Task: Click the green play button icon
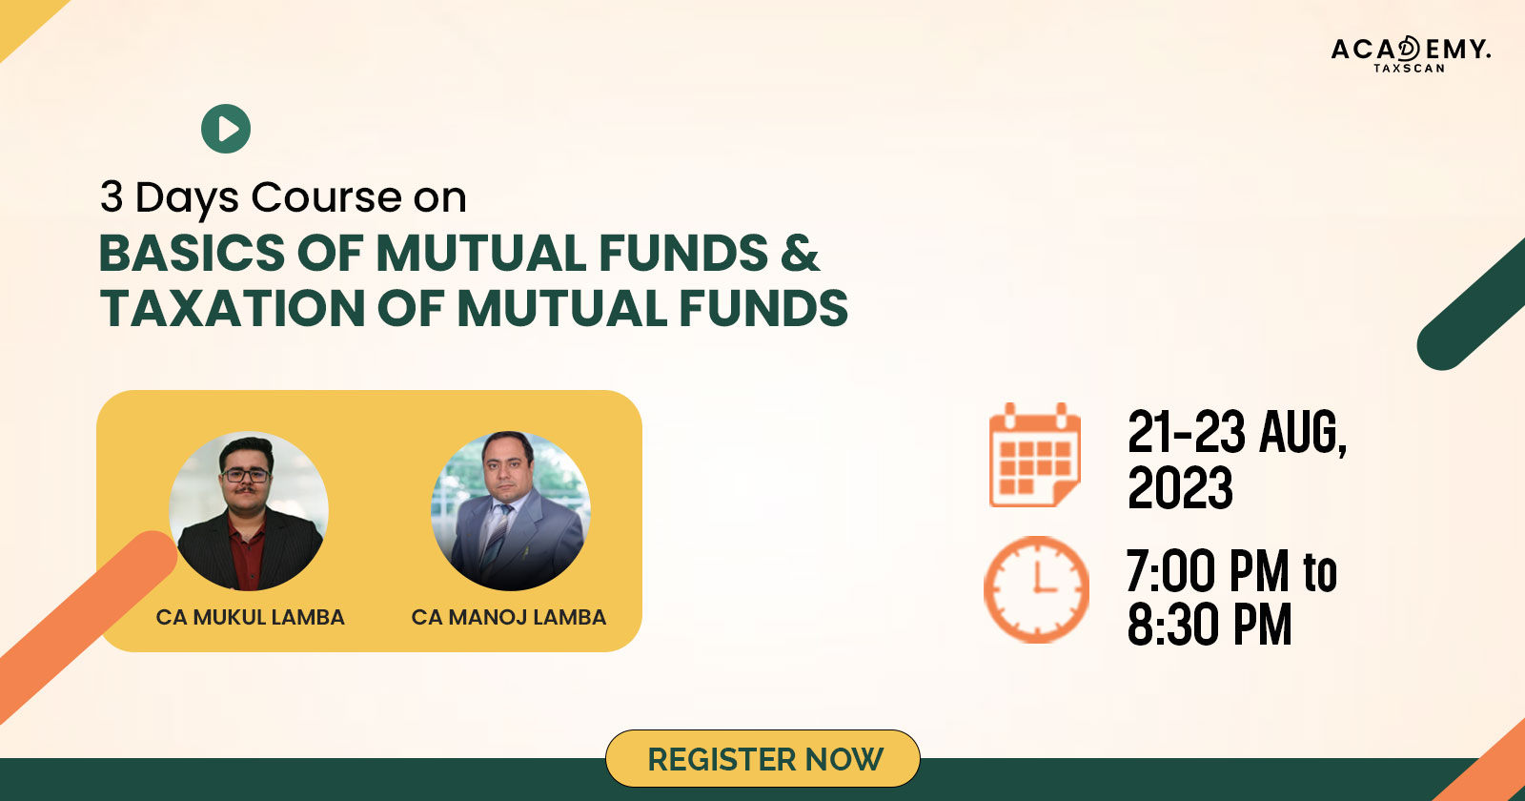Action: point(226,129)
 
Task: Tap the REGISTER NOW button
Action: point(762,759)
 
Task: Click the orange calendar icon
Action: point(1035,455)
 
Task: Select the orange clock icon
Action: point(1036,589)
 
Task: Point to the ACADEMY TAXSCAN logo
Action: point(1411,54)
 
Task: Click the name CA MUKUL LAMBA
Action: point(250,617)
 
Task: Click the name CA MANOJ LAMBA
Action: point(509,617)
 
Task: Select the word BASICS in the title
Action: point(193,253)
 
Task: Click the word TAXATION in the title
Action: point(233,308)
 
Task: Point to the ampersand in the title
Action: point(800,253)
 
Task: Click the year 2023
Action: point(1180,487)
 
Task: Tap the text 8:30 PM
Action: point(1210,624)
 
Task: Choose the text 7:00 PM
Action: point(1208,571)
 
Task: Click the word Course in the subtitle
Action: point(326,197)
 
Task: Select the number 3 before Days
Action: point(111,197)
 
